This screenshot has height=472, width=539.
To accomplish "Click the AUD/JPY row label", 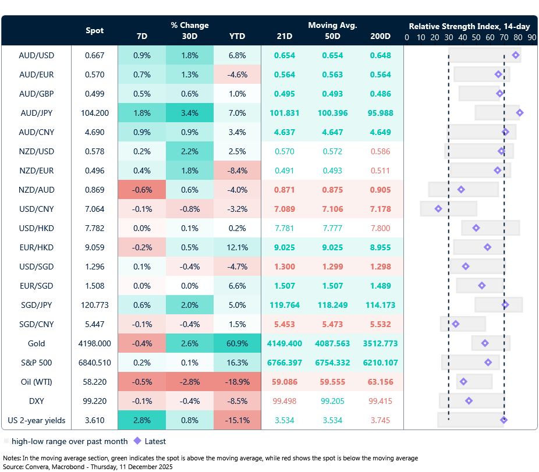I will tap(37, 113).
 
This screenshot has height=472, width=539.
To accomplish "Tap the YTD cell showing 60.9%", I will tap(237, 343).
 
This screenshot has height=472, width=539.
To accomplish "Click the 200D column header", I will tap(380, 36).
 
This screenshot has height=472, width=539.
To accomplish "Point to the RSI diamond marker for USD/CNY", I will tap(438, 209).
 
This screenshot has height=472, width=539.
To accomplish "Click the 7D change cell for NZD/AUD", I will tap(141, 190).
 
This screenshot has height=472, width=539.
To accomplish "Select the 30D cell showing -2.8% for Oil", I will tap(189, 382).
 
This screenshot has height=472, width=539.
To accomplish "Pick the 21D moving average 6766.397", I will tap(285, 363).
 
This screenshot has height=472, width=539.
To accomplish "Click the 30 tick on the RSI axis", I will tap(448, 37).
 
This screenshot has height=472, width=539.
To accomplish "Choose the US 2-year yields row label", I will tap(37, 420).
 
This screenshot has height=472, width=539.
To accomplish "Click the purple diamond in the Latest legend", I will tap(138, 441).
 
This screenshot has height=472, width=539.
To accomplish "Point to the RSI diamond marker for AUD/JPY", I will tap(520, 113).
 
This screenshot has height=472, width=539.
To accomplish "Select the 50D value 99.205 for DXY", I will tap(333, 401).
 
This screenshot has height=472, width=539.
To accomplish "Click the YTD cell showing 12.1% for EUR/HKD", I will tap(237, 247).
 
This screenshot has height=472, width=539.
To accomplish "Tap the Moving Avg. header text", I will tap(332, 25).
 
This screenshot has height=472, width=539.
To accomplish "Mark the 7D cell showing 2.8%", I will tap(141, 420).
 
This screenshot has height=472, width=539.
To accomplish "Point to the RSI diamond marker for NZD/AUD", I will tap(461, 190).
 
